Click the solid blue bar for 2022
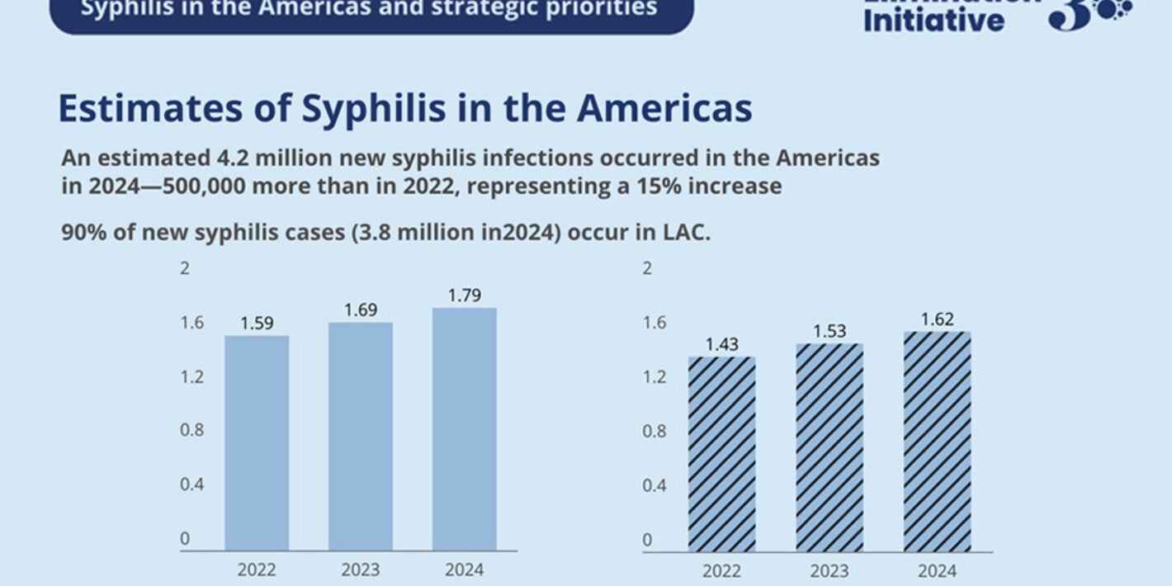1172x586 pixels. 257,442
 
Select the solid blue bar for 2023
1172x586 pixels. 361,436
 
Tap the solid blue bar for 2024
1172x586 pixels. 465,429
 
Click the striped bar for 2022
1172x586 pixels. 722,454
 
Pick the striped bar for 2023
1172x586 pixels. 829,447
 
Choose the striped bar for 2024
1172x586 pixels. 937,442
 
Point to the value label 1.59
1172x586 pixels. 257,324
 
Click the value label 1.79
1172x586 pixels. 465,295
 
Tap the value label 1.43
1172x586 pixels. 722,344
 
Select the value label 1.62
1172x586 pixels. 937,319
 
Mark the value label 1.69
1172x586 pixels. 361,310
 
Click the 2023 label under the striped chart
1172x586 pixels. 829,571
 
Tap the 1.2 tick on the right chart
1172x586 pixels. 654,377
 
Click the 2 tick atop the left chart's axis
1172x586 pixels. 186,268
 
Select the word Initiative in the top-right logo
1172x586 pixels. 933,19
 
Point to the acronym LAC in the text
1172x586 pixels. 686,233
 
